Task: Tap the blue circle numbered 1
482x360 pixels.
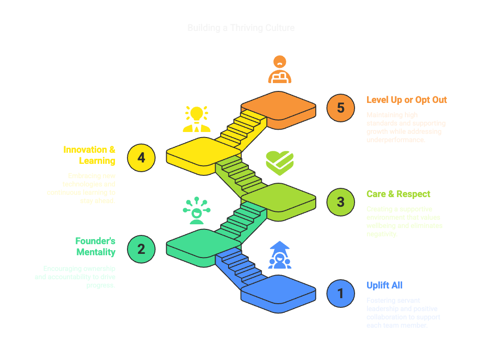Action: [x=341, y=293]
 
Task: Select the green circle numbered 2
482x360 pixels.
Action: [x=141, y=249]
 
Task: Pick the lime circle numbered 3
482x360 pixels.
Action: [x=341, y=202]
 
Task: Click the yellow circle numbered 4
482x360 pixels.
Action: [x=141, y=157]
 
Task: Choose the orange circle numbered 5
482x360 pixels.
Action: [x=341, y=108]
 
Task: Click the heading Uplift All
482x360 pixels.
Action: [x=385, y=285]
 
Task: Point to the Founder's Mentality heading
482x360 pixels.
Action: [x=96, y=246]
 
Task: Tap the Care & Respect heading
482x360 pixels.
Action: [x=398, y=194]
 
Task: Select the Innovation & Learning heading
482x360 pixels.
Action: [x=90, y=155]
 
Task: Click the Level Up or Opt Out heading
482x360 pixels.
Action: [x=406, y=100]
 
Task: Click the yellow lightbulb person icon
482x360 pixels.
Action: [x=196, y=119]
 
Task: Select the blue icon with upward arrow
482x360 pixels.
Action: [x=279, y=255]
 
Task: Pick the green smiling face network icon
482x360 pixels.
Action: [x=196, y=211]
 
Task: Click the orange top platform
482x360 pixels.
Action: [x=278, y=107]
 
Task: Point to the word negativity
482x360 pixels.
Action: [x=381, y=234]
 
